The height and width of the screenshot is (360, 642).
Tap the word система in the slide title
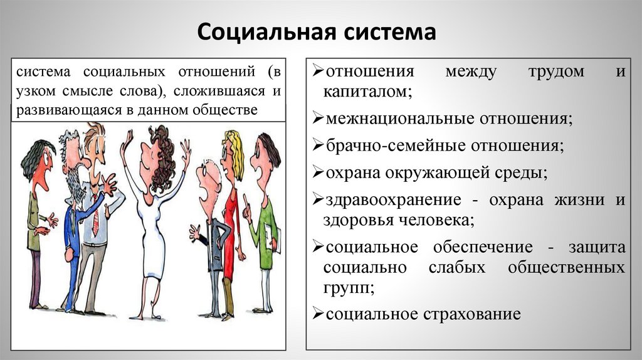point(384,32)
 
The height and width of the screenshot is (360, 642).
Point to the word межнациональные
point(400,118)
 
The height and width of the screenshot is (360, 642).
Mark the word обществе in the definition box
point(228,110)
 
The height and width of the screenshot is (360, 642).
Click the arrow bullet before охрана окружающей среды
point(317,173)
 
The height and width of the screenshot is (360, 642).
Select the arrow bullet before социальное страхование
point(317,314)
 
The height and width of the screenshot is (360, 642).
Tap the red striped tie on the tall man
point(96,216)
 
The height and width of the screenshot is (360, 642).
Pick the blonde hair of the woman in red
point(236,154)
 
